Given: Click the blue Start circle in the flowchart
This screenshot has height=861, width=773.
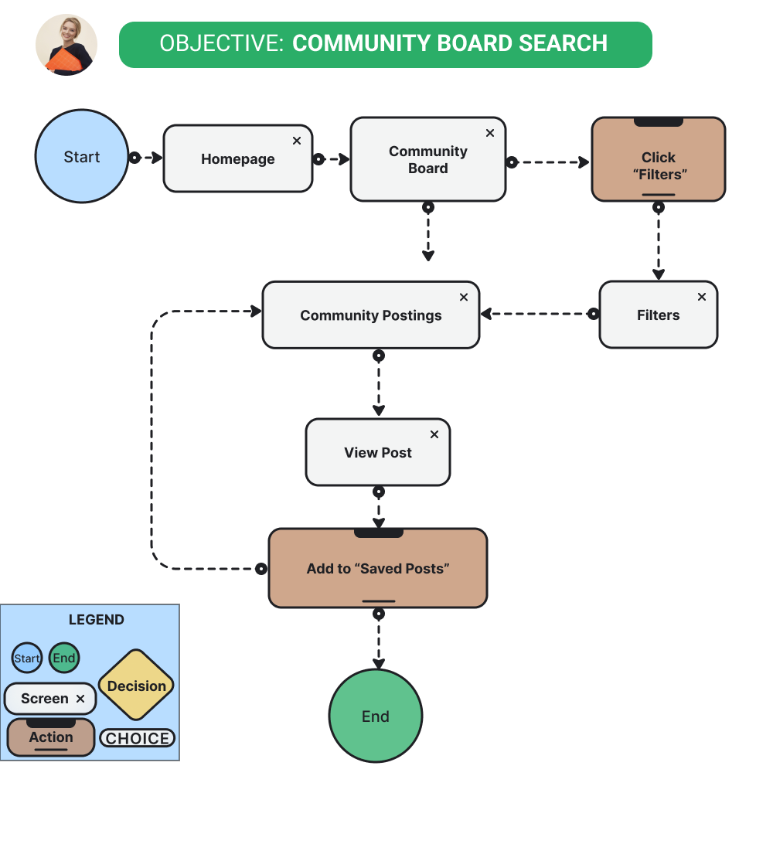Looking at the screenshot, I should [x=82, y=156].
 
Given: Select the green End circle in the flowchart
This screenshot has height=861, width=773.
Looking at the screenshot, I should [x=376, y=716].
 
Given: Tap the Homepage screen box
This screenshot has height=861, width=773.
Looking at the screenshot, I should [x=238, y=158].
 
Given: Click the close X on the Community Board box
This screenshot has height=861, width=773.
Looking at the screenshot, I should [x=489, y=133].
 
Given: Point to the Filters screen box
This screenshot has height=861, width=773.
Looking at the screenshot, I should [x=659, y=315].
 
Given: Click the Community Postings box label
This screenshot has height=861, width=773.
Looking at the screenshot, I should [x=371, y=315].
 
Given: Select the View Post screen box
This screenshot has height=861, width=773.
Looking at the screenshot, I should [x=378, y=452].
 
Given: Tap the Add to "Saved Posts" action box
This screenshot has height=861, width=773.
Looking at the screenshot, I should [x=378, y=568].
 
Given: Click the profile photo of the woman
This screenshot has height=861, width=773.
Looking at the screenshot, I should [x=66, y=45].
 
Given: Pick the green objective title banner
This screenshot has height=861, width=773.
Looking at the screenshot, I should [x=385, y=44].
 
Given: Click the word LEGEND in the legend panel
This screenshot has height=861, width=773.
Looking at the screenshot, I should [x=97, y=620].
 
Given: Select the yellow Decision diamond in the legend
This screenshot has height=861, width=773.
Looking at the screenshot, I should [x=137, y=685].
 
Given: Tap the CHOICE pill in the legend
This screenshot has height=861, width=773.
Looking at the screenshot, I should [x=138, y=738].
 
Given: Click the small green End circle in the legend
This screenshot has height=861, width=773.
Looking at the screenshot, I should [x=64, y=659].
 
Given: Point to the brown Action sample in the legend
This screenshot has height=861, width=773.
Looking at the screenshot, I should [x=51, y=737].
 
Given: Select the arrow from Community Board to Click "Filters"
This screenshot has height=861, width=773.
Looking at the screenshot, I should [x=550, y=162].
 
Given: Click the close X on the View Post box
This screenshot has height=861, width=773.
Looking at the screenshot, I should [x=434, y=434].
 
